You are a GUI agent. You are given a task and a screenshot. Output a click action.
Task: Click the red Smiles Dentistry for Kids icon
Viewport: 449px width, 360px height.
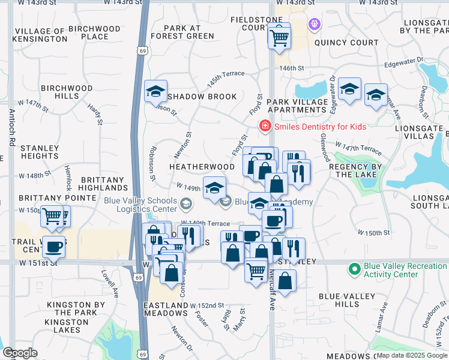(x=264, y=126)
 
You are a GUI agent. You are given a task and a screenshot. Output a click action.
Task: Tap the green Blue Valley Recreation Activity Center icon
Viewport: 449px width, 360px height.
(x=355, y=267)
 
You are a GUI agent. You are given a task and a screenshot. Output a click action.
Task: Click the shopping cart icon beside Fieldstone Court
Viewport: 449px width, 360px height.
(x=279, y=38)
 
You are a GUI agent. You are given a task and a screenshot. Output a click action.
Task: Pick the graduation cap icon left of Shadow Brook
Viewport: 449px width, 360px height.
(x=155, y=92)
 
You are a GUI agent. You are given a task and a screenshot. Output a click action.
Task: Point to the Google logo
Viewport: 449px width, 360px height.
(x=20, y=353)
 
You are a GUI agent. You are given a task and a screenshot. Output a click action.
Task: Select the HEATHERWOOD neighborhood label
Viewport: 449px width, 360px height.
(x=202, y=166)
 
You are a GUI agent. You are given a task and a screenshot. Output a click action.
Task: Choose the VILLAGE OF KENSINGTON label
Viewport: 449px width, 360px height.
(x=41, y=35)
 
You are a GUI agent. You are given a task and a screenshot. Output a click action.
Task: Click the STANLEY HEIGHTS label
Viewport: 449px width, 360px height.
(x=40, y=152)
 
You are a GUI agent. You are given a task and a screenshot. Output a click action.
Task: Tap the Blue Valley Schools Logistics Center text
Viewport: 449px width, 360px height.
(x=140, y=205)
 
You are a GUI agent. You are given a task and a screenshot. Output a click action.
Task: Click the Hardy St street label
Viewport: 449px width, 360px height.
(x=95, y=113)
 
